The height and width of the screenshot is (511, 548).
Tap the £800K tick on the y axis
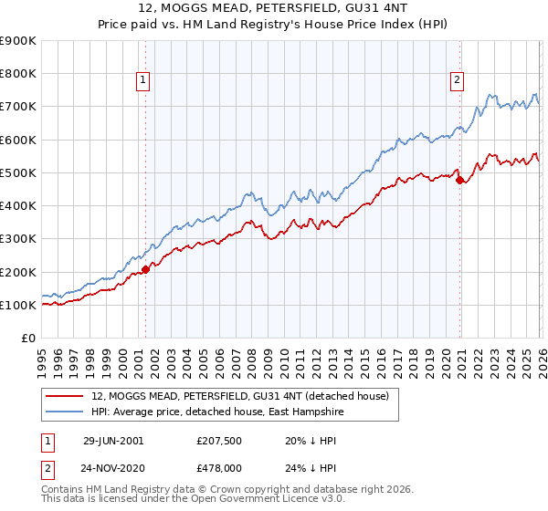(x=18, y=74)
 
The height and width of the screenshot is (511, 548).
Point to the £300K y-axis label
(x=18, y=239)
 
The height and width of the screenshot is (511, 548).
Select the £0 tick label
(x=28, y=339)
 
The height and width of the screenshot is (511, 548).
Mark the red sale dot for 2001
(x=145, y=269)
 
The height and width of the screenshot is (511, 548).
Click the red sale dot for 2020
(x=458, y=180)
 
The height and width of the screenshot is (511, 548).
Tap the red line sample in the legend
(x=64, y=396)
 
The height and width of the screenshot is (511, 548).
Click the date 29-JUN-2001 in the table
(x=113, y=440)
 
